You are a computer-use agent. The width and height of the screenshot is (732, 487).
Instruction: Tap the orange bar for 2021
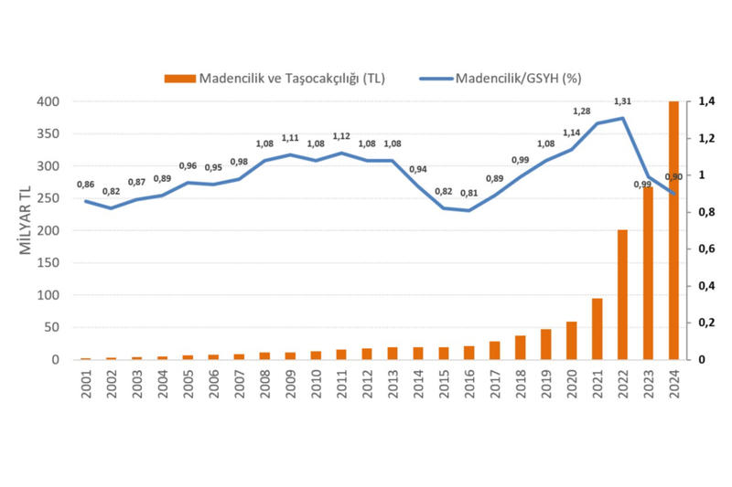point(597,329)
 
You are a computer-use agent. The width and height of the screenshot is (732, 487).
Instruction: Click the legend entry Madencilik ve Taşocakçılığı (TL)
point(274,79)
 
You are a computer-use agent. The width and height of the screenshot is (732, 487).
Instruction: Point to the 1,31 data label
point(622,101)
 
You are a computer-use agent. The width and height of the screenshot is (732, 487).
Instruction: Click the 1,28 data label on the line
point(581,111)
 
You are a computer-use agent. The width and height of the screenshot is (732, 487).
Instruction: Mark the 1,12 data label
point(341,136)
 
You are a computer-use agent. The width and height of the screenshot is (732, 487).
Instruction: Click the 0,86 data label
point(85,185)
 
